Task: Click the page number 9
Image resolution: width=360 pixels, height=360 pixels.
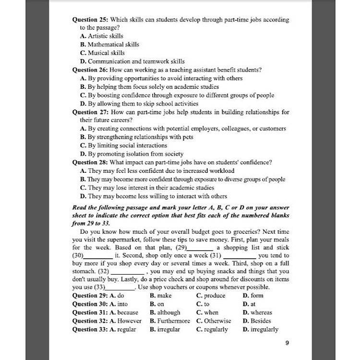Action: (287, 343)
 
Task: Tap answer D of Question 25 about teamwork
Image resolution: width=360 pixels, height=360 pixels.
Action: (132, 61)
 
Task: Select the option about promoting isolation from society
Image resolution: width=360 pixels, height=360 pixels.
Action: (132, 154)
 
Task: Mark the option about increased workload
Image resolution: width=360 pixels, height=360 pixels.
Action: (157, 171)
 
